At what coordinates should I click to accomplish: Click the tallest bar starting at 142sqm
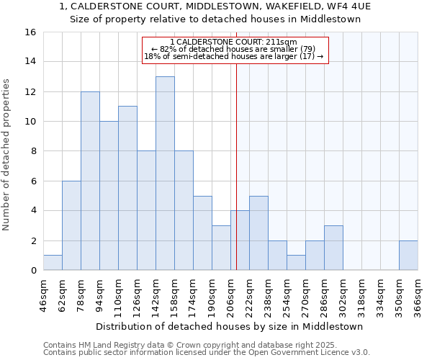click(x=165, y=174)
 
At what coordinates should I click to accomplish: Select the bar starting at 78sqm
click(x=90, y=181)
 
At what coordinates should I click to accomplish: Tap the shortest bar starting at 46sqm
click(x=53, y=263)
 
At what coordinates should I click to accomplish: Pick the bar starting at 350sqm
click(x=408, y=256)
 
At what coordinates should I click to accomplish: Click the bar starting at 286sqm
click(x=333, y=248)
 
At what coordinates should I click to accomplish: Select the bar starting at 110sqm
click(x=127, y=188)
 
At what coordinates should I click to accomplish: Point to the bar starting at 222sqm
click(x=258, y=233)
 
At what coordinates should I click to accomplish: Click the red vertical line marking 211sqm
click(x=236, y=166)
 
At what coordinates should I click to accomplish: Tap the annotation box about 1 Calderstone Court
click(x=235, y=50)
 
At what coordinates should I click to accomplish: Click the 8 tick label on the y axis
click(x=32, y=151)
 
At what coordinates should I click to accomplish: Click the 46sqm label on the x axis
click(x=43, y=296)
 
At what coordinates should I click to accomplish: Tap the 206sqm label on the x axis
click(x=230, y=296)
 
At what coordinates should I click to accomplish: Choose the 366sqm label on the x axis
click(x=418, y=296)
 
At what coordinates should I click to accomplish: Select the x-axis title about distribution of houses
click(x=229, y=326)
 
